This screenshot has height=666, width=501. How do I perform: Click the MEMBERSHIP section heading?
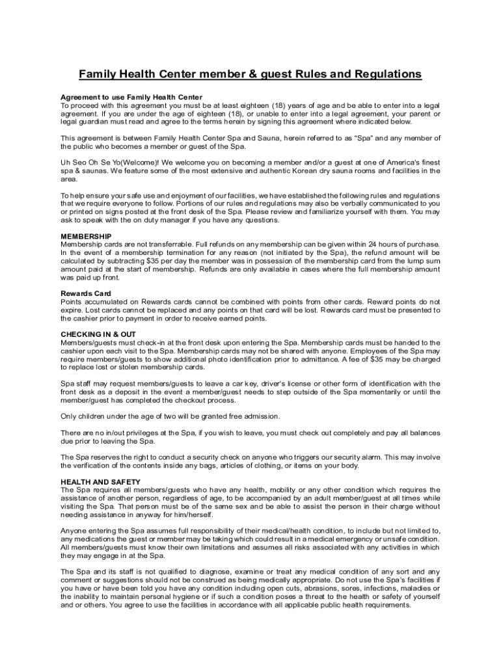[86, 235]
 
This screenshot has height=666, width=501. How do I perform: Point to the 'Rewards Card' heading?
[85, 293]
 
